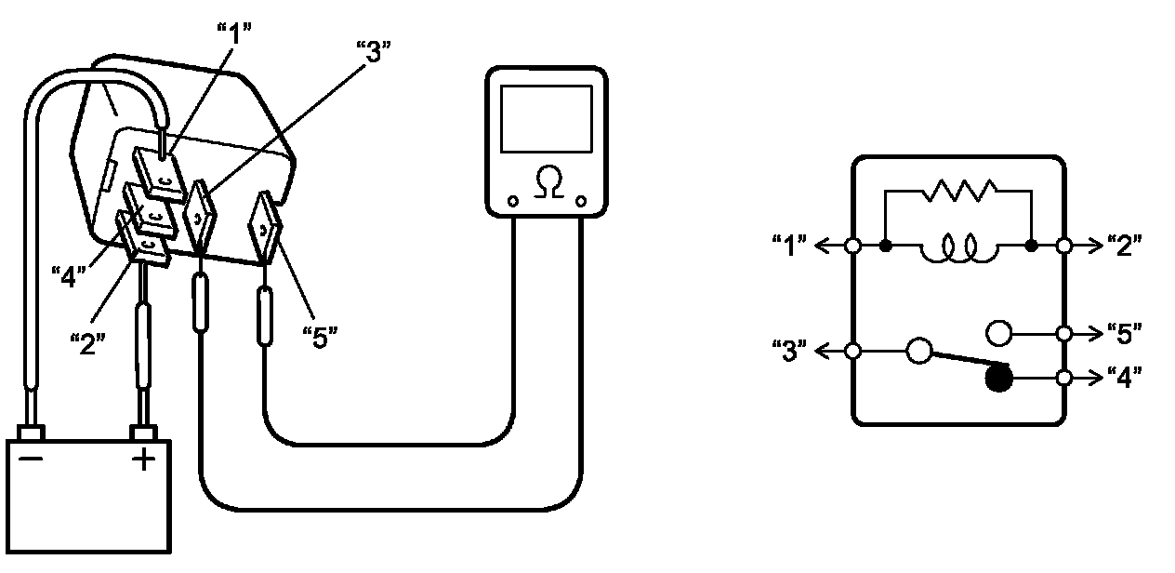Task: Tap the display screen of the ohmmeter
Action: tap(546, 118)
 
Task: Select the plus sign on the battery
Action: tap(143, 459)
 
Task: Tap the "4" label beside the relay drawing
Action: tap(70, 276)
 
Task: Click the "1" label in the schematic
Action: tap(790, 247)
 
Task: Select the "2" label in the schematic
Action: tap(1124, 247)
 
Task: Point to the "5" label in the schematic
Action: tap(1124, 333)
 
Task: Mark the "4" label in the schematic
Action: tap(1124, 378)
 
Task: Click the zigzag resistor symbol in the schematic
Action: tap(958, 192)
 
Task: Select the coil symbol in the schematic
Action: tap(958, 248)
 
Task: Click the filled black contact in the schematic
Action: tap(998, 378)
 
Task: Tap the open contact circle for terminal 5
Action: tap(997, 332)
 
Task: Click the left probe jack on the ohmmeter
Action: tap(512, 201)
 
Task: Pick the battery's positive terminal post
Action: tap(143, 433)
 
